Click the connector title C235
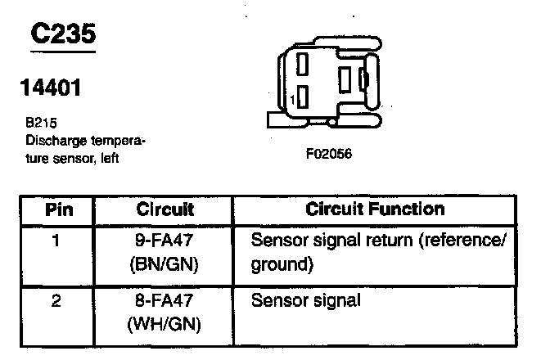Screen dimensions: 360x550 pyautogui.click(x=63, y=34)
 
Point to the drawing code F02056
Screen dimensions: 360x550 pyautogui.click(x=328, y=153)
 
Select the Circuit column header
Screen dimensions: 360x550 pyautogui.click(x=165, y=209)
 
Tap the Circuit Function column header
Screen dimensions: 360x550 pyautogui.click(x=374, y=209)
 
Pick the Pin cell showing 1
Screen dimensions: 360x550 pyautogui.click(x=56, y=241)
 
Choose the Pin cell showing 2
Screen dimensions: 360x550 pyautogui.click(x=56, y=300)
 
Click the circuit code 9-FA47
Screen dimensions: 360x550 pyautogui.click(x=165, y=241)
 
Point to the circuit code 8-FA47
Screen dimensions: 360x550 pyautogui.click(x=165, y=300)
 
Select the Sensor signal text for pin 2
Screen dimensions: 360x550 pyautogui.click(x=305, y=300)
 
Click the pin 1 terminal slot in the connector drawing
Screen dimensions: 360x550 pyautogui.click(x=303, y=98)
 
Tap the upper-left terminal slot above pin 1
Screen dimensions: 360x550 pyautogui.click(x=303, y=64)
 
